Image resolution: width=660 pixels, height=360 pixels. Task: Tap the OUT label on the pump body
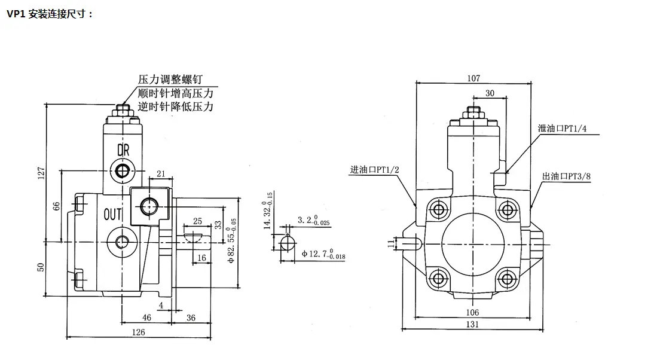(x=112, y=214)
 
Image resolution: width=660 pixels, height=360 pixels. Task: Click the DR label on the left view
(x=123, y=150)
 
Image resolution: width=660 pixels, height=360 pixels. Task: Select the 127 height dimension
(x=41, y=173)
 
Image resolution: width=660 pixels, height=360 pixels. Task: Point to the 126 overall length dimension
(x=139, y=332)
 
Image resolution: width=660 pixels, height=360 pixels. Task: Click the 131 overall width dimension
(x=472, y=324)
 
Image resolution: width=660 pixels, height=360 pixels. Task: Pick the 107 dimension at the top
(x=473, y=78)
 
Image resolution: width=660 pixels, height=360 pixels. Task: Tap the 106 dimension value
(x=472, y=312)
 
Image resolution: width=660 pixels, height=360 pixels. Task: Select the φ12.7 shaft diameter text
(x=323, y=254)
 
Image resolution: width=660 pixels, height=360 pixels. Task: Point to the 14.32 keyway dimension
(x=268, y=210)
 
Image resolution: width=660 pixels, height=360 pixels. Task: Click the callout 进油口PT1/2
(x=375, y=170)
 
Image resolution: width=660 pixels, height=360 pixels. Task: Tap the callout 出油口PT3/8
(x=566, y=176)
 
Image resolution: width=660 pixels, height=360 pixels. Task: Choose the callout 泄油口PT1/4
(x=562, y=129)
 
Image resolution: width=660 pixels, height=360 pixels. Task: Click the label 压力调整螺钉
(x=170, y=79)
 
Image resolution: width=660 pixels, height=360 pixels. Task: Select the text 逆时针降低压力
(x=176, y=106)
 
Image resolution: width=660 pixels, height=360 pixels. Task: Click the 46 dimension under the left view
(x=146, y=318)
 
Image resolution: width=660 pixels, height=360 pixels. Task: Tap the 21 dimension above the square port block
(x=161, y=173)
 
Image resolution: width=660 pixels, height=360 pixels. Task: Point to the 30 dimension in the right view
(x=490, y=93)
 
